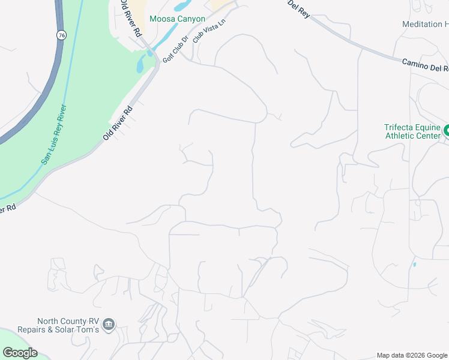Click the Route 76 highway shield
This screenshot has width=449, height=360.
pyautogui.click(x=62, y=35)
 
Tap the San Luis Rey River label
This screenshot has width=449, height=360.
pyautogui.click(x=53, y=135)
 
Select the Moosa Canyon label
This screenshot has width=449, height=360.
pyautogui.click(x=177, y=19)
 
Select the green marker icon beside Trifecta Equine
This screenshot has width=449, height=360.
pyautogui.click(x=447, y=130)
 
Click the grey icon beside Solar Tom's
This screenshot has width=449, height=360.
pyautogui.click(x=109, y=325)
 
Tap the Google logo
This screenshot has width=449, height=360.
pyautogui.click(x=20, y=353)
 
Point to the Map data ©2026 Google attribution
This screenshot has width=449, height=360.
pyautogui.click(x=412, y=355)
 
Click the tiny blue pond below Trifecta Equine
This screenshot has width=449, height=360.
pyautogui.click(x=414, y=264)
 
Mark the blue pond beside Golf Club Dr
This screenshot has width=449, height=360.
pyautogui.click(x=140, y=64)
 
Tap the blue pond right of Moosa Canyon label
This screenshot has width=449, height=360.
pyautogui.click(x=179, y=7)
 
